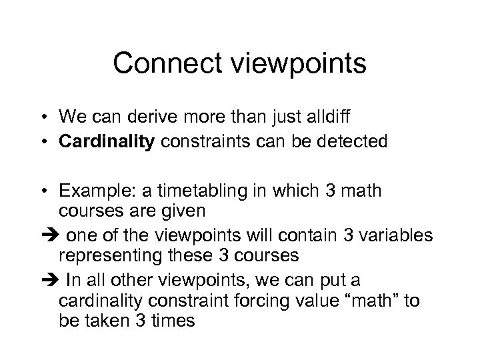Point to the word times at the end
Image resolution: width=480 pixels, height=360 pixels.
coord(172,321)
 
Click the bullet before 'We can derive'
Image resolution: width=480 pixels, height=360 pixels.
coord(49,118)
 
